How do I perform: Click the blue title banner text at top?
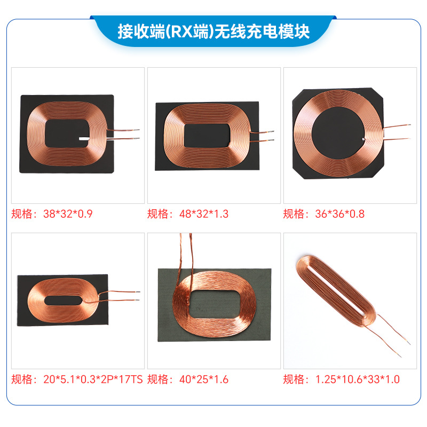(x=213, y=31)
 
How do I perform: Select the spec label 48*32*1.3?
(x=188, y=214)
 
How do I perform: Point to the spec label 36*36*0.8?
(x=323, y=214)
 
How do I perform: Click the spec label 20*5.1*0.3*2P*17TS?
(x=77, y=379)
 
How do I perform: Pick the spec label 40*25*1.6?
(x=188, y=379)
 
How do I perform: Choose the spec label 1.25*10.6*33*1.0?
(x=341, y=379)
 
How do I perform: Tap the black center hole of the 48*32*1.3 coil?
(x=207, y=133)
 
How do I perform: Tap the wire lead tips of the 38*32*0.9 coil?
(x=136, y=134)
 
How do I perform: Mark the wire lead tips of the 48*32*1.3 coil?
(x=271, y=136)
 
